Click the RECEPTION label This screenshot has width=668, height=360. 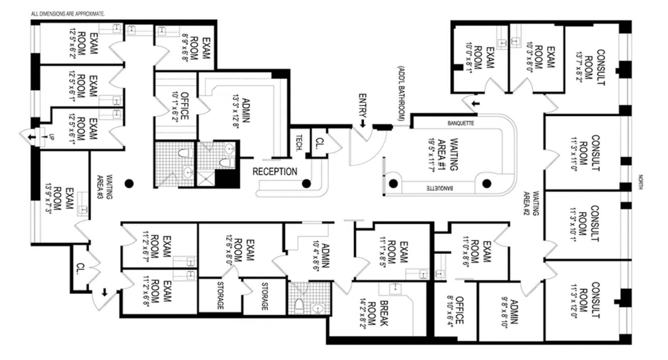point(275,172)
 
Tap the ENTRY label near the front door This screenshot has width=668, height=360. point(363,105)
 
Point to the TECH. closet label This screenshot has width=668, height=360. point(299,143)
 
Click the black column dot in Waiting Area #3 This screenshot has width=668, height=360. point(129,184)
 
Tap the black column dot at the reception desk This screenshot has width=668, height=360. point(306,184)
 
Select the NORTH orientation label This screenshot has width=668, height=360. point(641,182)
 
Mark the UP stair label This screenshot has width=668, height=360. point(52,137)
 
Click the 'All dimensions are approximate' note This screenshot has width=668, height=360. point(68,14)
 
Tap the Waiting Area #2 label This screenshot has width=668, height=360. point(531,203)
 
